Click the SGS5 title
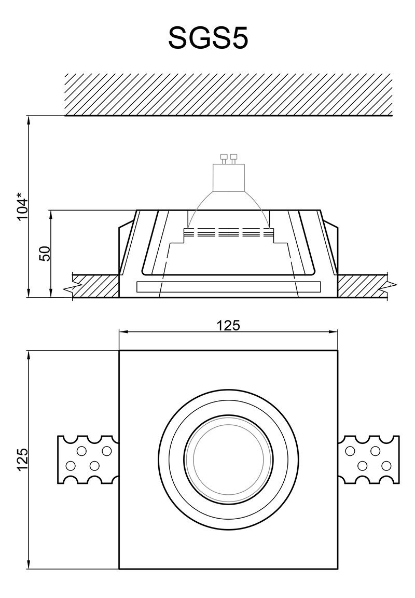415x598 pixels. pyautogui.click(x=208, y=38)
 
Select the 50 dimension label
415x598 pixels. pyautogui.click(x=45, y=254)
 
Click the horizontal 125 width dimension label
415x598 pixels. pyautogui.click(x=228, y=325)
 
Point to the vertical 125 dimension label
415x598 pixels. pyautogui.click(x=22, y=459)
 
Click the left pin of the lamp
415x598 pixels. pyautogui.click(x=224, y=158)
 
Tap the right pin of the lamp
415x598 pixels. pyautogui.click(x=233, y=158)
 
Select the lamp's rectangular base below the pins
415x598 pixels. pyautogui.click(x=228, y=177)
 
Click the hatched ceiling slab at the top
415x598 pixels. pyautogui.click(x=228, y=94)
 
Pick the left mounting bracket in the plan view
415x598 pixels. pyautogui.click(x=88, y=459)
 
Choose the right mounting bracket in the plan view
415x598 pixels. pyautogui.click(x=369, y=459)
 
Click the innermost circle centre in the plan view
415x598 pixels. pyautogui.click(x=228, y=459)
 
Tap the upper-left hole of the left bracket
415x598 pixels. pyautogui.click(x=81, y=451)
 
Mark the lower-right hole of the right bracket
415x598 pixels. pyautogui.click(x=386, y=466)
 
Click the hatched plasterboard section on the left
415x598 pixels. pyautogui.click(x=95, y=285)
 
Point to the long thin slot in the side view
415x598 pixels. pyautogui.click(x=228, y=287)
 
